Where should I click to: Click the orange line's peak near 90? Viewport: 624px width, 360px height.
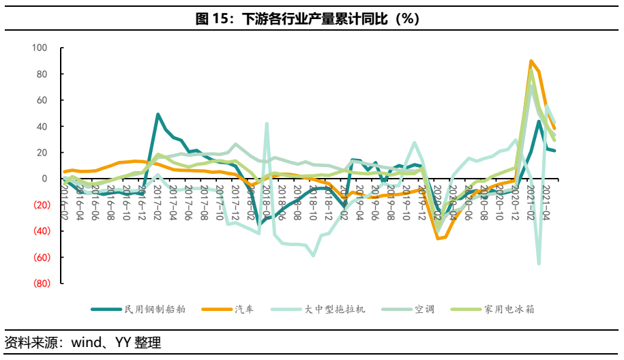pos(531,61)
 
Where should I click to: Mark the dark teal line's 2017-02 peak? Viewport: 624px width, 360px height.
pos(158,115)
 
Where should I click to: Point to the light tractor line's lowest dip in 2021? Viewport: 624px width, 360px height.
pos(539,264)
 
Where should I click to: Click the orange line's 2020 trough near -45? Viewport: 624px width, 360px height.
pos(438,239)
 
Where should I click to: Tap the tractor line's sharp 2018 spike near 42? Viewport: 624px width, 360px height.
pos(267,123)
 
